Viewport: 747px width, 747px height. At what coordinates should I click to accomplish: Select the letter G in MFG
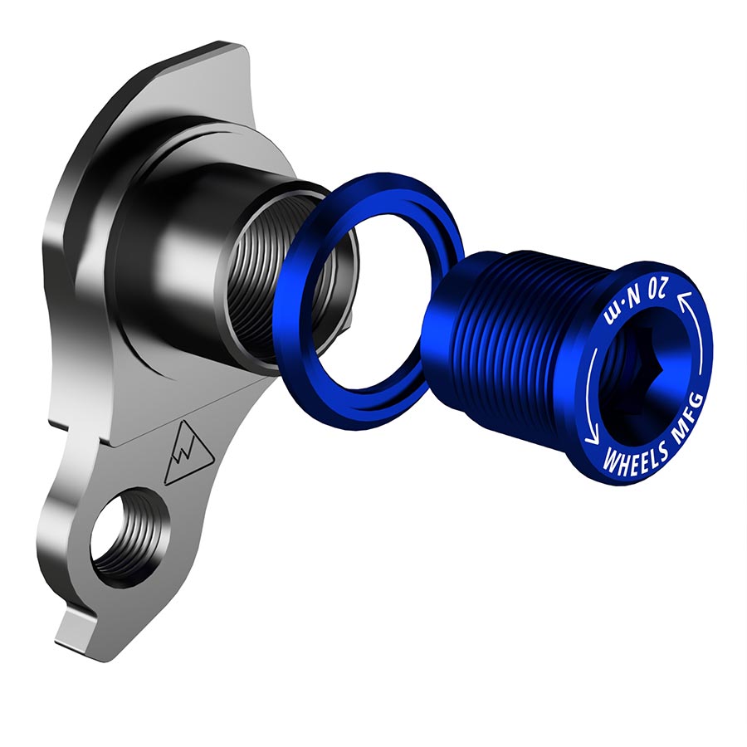pyautogui.click(x=696, y=402)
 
